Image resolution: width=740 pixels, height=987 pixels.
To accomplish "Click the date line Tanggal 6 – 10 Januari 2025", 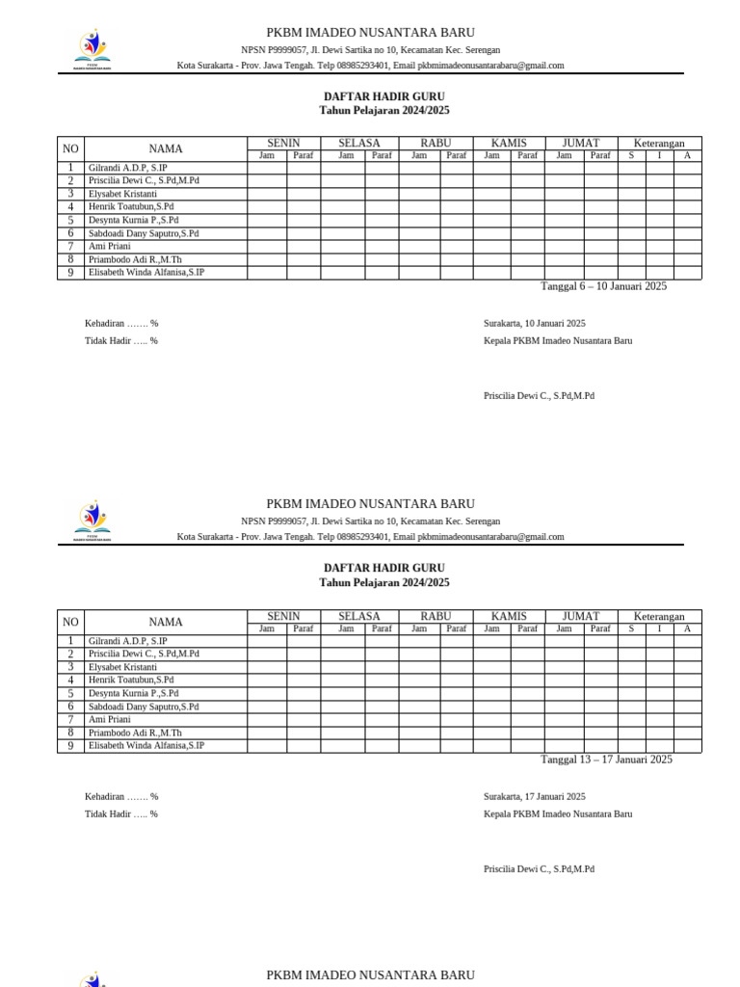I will [603, 286].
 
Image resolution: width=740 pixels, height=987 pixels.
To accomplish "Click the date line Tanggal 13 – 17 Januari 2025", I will [606, 760].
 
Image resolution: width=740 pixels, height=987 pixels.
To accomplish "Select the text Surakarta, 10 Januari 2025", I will [534, 324].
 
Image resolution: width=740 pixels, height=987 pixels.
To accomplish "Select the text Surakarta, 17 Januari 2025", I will [534, 797].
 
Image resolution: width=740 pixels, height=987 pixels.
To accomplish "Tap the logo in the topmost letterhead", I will [92, 49].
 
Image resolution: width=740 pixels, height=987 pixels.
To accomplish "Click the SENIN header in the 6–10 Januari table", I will [283, 143].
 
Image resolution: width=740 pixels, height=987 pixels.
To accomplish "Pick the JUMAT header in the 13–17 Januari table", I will [580, 616].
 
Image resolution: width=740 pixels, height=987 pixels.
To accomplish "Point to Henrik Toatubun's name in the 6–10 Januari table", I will [131, 206].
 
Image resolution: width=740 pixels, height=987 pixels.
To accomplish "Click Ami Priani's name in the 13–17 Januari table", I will [110, 719].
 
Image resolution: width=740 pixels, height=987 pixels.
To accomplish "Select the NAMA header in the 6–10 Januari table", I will [166, 148].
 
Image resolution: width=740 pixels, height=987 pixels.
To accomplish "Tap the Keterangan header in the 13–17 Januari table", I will [659, 616].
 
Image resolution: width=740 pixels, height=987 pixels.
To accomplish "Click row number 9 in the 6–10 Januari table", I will [70, 273].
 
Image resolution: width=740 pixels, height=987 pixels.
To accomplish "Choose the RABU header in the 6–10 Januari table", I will [436, 143].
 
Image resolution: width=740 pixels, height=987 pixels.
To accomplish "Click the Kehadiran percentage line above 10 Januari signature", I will [121, 324].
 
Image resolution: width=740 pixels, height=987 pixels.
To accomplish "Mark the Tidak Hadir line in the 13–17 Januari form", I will [121, 814].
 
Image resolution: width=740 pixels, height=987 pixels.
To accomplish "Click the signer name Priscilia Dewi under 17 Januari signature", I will [539, 869].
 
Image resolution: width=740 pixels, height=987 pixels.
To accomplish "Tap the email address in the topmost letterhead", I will [490, 66].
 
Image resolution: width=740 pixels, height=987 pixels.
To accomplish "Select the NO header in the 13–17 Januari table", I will [70, 622].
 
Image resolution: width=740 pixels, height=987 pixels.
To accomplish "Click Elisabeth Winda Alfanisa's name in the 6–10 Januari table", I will [146, 273].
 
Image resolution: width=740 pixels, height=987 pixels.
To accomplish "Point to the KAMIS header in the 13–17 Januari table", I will [509, 616].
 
